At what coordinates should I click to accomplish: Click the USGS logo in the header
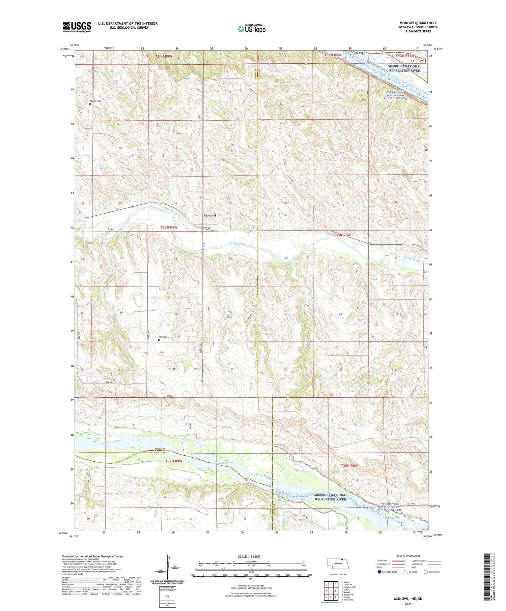click(77, 27)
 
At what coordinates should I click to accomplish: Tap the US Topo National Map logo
click(251, 29)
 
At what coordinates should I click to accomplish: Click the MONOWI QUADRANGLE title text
click(418, 23)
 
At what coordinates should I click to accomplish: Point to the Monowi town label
click(210, 215)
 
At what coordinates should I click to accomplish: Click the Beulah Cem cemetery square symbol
click(90, 104)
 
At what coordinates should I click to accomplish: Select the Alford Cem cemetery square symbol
click(159, 340)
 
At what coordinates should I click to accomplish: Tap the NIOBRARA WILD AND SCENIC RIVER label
click(390, 507)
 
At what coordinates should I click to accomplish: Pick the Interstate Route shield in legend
click(380, 572)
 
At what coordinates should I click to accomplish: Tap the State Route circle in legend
click(426, 572)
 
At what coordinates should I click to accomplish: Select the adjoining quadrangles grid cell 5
click(336, 590)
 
